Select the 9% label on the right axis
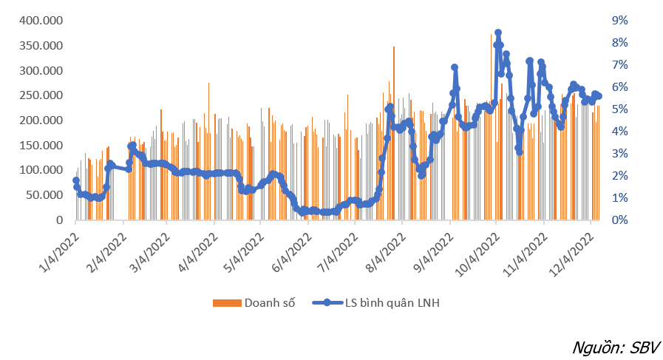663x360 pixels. click(x=619, y=20)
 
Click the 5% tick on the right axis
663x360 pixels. click(x=619, y=109)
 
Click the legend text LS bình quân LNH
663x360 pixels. click(x=392, y=303)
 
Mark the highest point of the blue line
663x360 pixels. click(x=498, y=33)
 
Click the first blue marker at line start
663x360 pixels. click(x=76, y=180)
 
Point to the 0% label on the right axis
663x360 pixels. click(x=619, y=220)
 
